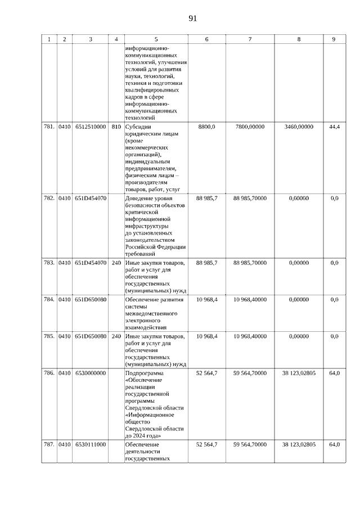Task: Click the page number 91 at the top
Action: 192,18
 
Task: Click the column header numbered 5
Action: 156,39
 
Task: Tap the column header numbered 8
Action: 299,39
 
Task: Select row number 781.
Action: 49,127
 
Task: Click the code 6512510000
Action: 90,127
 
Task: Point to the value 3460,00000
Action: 299,127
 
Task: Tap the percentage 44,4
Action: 334,127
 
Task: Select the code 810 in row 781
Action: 116,127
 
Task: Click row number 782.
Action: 49,199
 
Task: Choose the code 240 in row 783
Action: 116,263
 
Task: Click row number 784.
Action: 49,300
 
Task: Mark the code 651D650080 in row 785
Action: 90,336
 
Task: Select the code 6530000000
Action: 90,373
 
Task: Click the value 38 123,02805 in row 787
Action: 299,444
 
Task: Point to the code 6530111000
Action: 90,444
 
